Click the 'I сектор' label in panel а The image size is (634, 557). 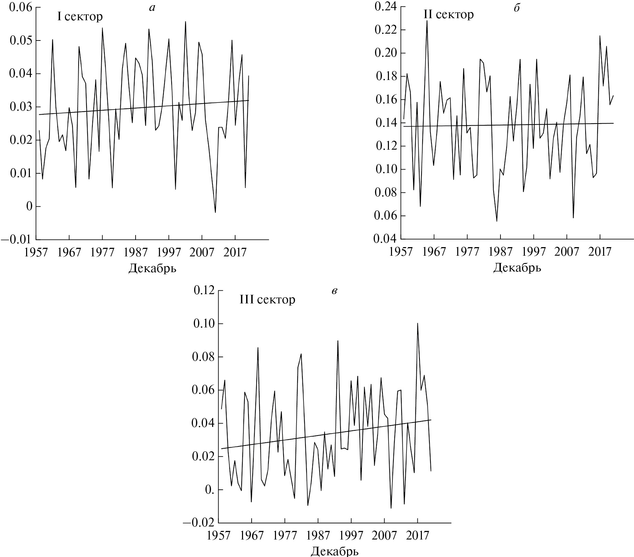coord(80,16)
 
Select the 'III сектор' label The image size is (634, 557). coord(267,300)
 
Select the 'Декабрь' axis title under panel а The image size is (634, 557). coord(152,268)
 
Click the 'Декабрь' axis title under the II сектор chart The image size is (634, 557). coord(517,268)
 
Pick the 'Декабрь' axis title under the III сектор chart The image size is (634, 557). coord(335,552)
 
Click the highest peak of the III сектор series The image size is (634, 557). coord(417,323)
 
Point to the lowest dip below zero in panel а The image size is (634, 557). coord(215,212)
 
